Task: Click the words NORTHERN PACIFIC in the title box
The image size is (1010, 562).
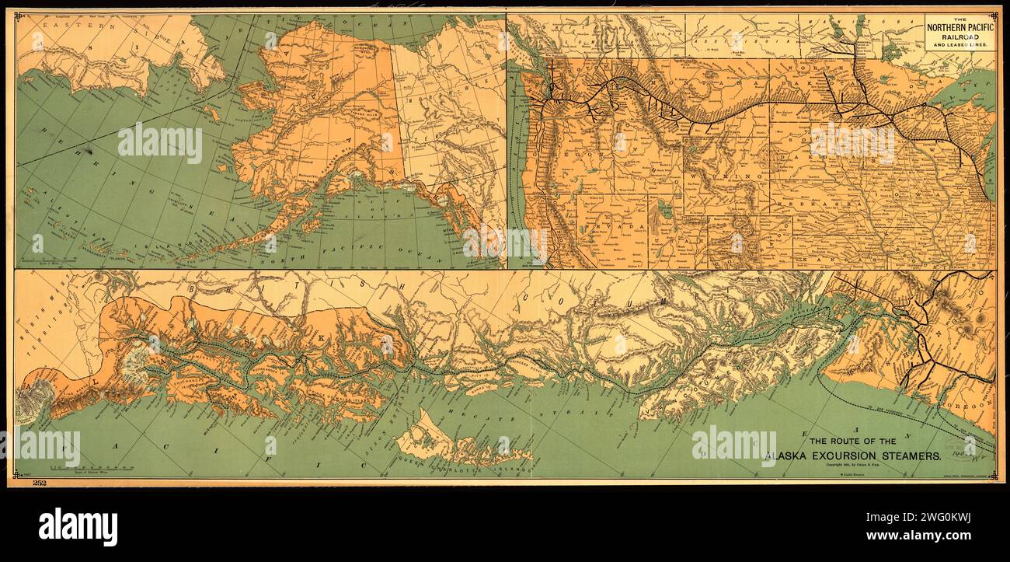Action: (959, 27)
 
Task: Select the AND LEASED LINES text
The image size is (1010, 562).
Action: (959, 45)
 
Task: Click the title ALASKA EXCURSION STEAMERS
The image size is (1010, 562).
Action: (852, 456)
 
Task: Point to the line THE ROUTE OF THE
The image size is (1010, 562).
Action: (853, 441)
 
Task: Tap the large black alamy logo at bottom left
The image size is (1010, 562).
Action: (78, 526)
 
